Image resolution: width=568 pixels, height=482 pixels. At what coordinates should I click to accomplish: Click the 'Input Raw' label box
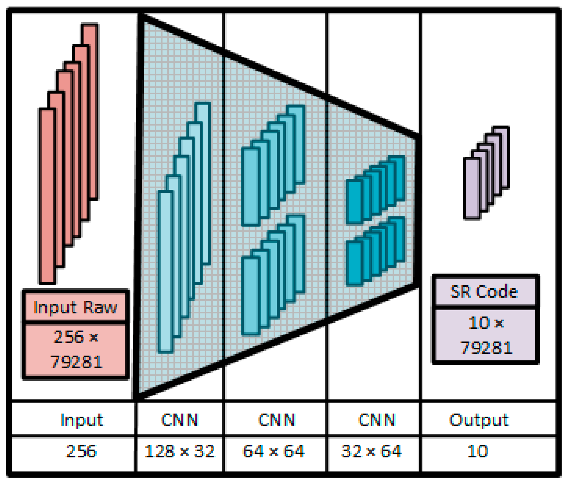(75, 307)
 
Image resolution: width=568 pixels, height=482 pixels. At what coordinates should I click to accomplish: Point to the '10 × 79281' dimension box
(485, 335)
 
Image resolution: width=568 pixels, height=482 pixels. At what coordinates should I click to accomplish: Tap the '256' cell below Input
(81, 451)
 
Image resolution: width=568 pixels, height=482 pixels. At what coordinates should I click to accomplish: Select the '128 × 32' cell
(179, 451)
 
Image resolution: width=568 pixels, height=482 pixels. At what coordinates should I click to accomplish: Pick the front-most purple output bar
(472, 188)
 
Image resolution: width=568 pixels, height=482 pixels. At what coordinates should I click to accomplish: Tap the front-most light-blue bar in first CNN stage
(165, 272)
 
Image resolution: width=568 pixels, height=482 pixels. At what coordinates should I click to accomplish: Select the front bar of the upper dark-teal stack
(354, 202)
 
